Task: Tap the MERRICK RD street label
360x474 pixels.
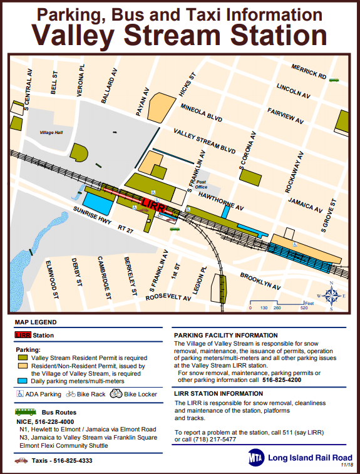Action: tap(309, 71)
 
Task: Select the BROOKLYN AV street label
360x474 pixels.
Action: tap(261, 280)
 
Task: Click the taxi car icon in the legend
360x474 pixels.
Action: tap(21, 461)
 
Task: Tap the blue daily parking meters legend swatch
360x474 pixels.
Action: tap(22, 381)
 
